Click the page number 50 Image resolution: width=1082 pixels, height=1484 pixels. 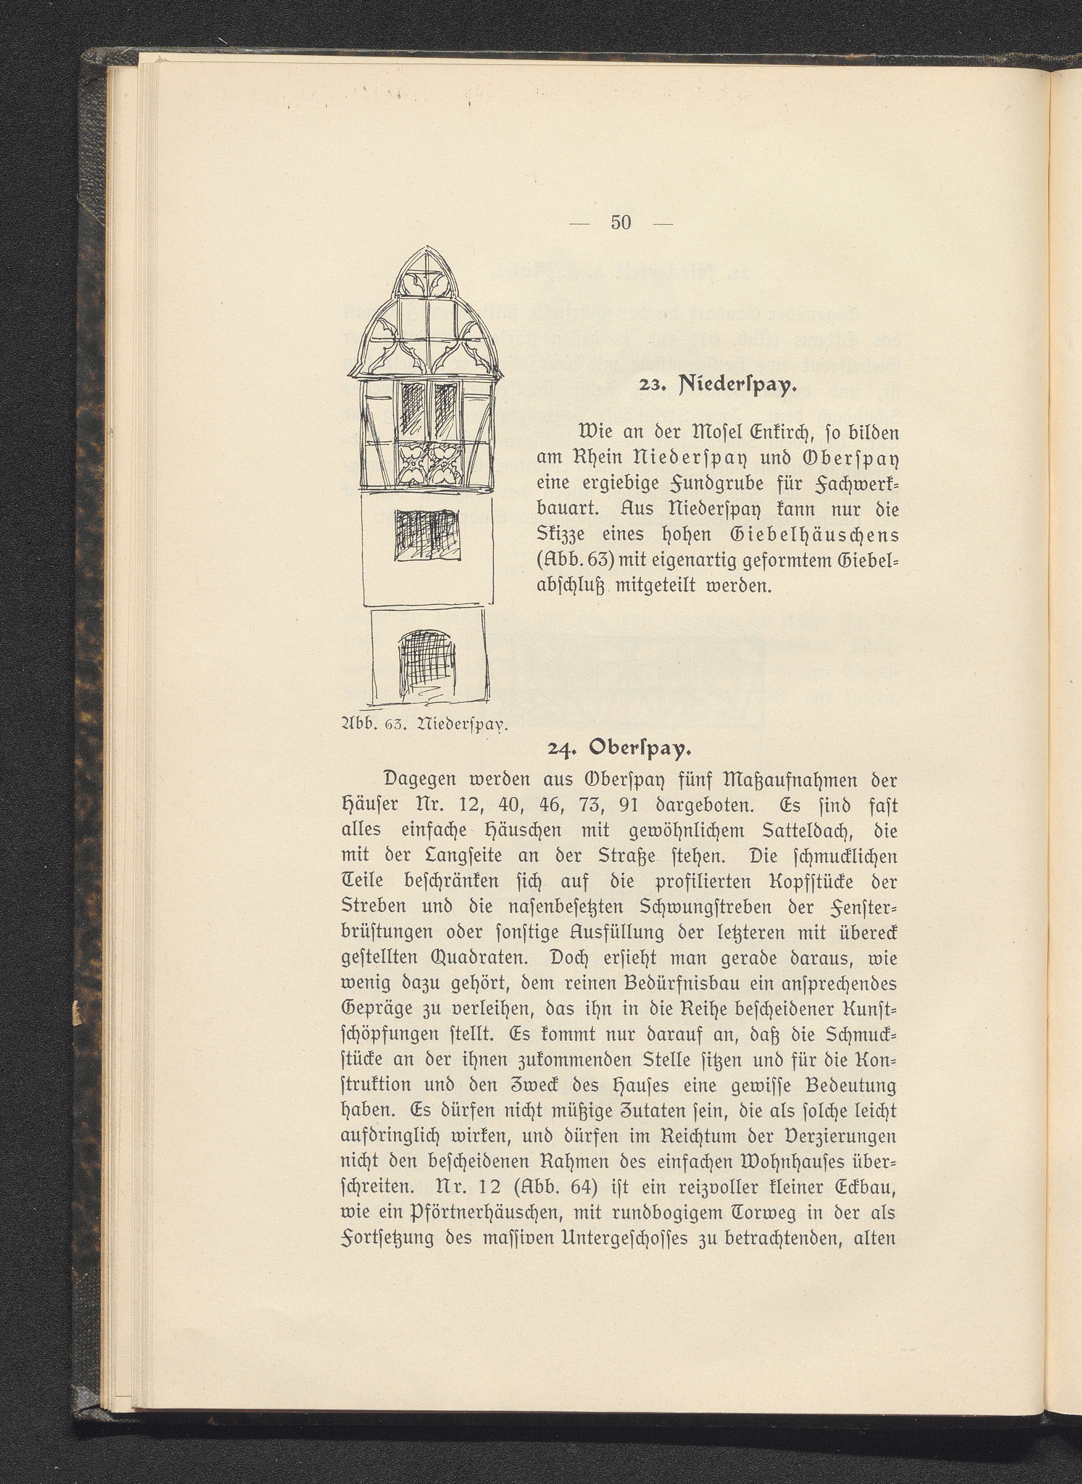[620, 223]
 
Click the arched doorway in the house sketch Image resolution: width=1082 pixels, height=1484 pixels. [428, 662]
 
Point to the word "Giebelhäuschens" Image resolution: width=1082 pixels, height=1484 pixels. [823, 535]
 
